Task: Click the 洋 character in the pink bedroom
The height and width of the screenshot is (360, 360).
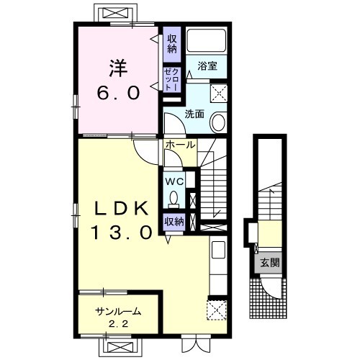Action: pyautogui.click(x=119, y=68)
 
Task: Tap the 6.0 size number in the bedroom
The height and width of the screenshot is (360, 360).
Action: pyautogui.click(x=118, y=93)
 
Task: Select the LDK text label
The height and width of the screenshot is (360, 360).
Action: pyautogui.click(x=121, y=208)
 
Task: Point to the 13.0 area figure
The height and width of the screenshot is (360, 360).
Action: pyautogui.click(x=122, y=233)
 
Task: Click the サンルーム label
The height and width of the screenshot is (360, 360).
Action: pyautogui.click(x=117, y=312)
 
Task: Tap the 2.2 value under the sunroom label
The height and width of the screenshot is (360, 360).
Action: pyautogui.click(x=118, y=324)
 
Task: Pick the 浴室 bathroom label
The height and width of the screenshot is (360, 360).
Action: pyautogui.click(x=207, y=66)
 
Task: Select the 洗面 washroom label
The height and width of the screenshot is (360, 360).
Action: pyautogui.click(x=194, y=114)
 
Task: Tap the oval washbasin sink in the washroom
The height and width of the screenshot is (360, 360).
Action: pyautogui.click(x=218, y=122)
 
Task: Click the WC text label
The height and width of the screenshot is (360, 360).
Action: pyautogui.click(x=175, y=181)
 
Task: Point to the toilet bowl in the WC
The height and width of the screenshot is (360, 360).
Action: pyautogui.click(x=174, y=198)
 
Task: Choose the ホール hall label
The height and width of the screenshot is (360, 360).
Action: pyautogui.click(x=180, y=145)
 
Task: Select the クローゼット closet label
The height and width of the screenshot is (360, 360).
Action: pyautogui.click(x=172, y=79)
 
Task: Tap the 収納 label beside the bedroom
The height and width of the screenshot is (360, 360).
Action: pyautogui.click(x=172, y=44)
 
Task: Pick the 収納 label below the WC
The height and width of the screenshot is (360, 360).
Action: pyautogui.click(x=174, y=222)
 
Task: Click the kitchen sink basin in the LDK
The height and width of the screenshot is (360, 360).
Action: pyautogui.click(x=218, y=249)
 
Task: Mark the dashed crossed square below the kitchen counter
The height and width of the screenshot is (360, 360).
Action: pyautogui.click(x=217, y=310)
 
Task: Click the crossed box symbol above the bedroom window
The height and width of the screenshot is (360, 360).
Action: pyautogui.click(x=115, y=13)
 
